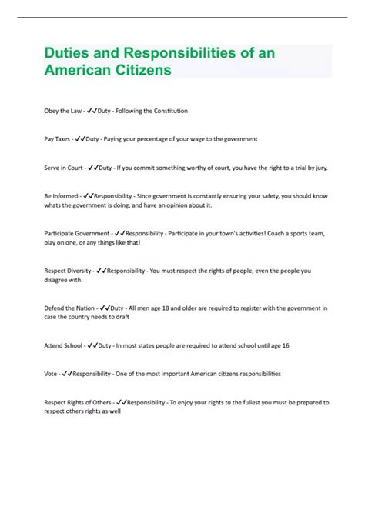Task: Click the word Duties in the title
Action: (64, 55)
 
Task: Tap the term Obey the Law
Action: (62, 111)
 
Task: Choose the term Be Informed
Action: (61, 195)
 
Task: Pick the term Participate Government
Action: (76, 231)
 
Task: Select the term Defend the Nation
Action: (69, 308)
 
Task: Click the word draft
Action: (113, 318)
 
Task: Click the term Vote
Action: (50, 373)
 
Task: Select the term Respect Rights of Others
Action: (78, 401)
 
